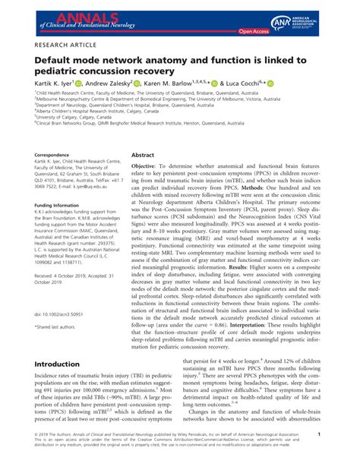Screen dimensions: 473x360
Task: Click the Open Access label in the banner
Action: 254,32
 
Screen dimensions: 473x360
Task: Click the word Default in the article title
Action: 52,60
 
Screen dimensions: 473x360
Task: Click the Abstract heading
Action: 143,153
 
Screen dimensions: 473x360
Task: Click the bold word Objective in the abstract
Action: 148,165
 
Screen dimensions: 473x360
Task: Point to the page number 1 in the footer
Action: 340,456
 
